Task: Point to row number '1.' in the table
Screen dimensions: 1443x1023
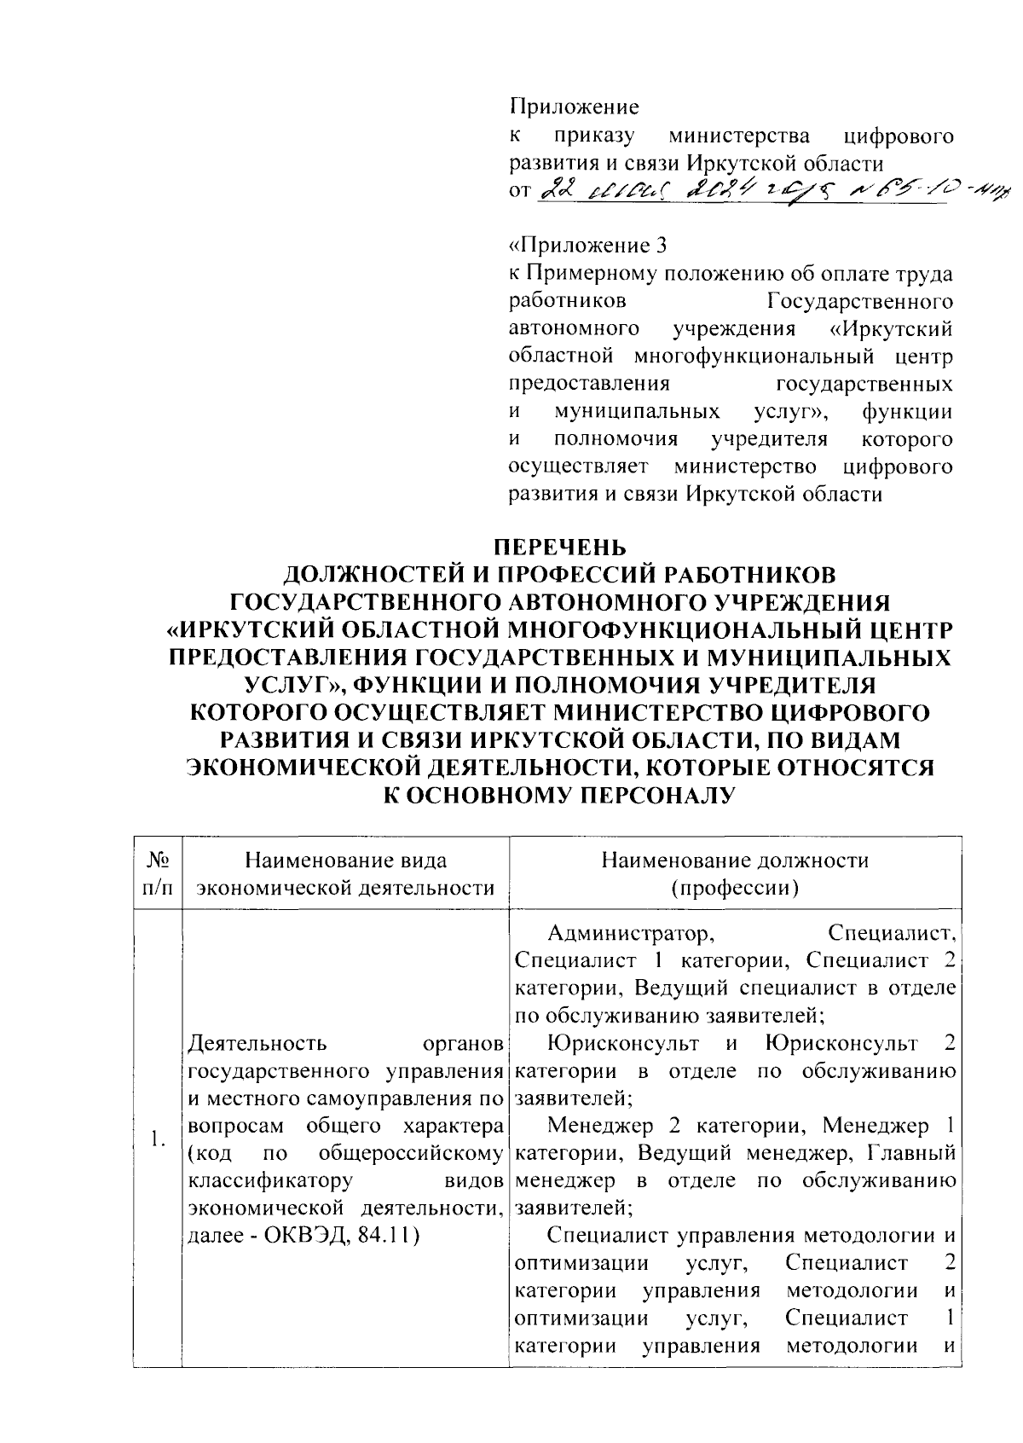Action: [156, 1139]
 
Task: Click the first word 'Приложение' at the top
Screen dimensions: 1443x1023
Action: [574, 107]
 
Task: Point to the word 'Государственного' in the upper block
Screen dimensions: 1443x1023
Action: [859, 302]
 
